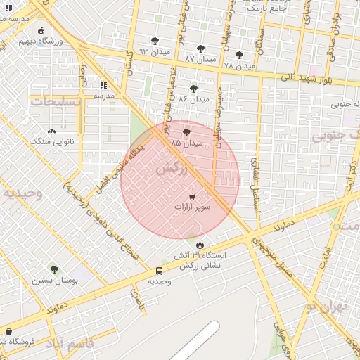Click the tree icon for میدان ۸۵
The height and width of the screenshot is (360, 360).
click(x=186, y=132)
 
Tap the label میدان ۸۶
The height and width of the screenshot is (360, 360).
click(x=194, y=99)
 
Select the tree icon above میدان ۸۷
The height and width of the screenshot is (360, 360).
click(x=200, y=49)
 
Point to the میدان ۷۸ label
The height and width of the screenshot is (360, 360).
click(x=238, y=65)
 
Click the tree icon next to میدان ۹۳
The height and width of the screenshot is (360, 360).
click(x=155, y=41)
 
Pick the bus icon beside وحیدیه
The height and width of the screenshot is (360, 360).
click(x=159, y=271)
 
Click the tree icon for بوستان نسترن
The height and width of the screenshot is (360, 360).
click(x=54, y=269)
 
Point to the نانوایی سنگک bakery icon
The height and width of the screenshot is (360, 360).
click(x=51, y=131)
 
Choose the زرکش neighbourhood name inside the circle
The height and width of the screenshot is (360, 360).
click(x=172, y=169)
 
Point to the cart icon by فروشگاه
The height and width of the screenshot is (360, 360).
click(x=8, y=331)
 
